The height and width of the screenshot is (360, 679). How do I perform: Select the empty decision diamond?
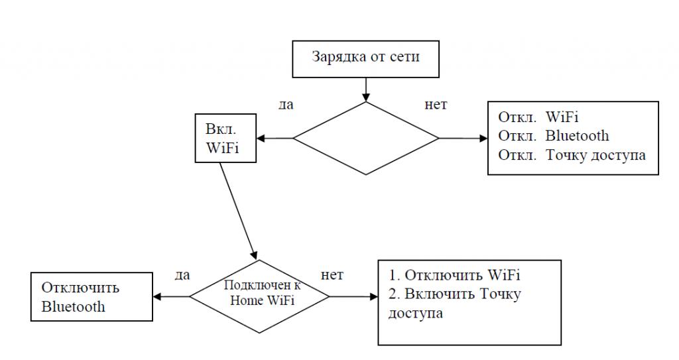(366, 138)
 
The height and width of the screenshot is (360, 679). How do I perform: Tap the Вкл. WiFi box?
(224, 139)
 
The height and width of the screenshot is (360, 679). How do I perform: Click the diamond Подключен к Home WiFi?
(259, 296)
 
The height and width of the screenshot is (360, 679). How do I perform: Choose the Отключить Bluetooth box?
(92, 297)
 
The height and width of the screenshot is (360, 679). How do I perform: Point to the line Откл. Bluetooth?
(554, 136)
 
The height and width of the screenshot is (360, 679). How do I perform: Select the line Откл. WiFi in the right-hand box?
(538, 117)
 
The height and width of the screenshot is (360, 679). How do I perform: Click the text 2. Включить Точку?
(454, 294)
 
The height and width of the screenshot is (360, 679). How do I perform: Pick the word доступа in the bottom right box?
(416, 312)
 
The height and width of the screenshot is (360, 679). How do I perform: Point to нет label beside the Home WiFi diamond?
(332, 274)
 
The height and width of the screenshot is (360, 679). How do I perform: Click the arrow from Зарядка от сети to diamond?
(366, 89)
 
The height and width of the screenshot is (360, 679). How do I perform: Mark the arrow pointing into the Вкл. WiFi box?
(275, 138)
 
